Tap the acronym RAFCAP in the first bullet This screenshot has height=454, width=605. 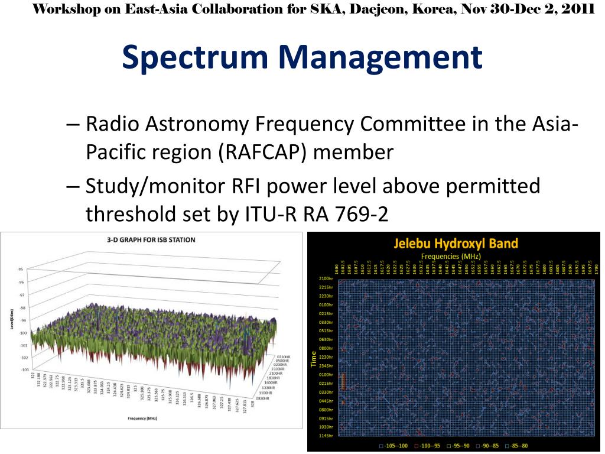(x=264, y=153)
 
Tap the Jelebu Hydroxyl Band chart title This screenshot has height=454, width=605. (x=456, y=243)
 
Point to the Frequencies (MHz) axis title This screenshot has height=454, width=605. (x=451, y=256)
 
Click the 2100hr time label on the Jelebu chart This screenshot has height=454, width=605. (x=326, y=278)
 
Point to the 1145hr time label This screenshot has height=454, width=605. (x=326, y=436)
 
